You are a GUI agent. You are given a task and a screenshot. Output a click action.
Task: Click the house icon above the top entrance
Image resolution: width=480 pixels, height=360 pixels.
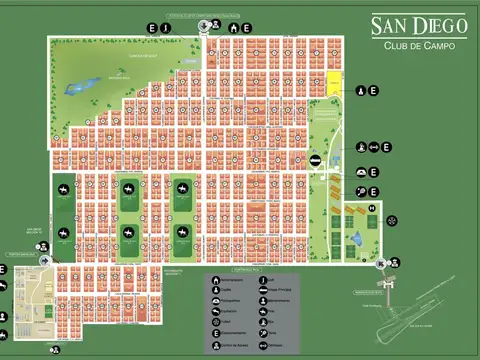click(233, 29)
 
